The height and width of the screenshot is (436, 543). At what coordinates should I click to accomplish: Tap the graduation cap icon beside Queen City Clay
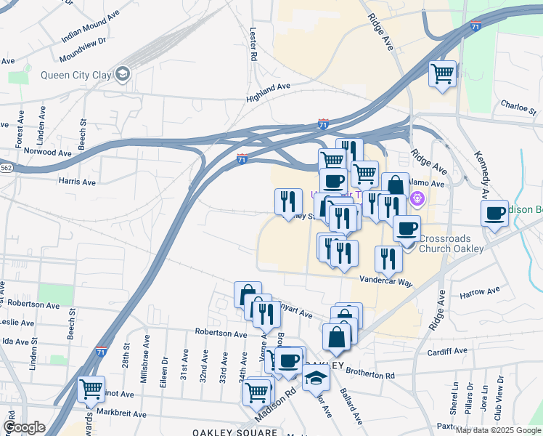click(122, 73)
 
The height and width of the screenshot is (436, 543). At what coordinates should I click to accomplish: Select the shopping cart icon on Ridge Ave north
click(442, 73)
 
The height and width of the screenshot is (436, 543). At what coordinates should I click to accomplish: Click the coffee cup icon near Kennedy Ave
click(495, 213)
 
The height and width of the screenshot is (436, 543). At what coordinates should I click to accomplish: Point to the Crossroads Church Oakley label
click(451, 243)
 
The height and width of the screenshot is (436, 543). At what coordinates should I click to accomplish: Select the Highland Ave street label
click(268, 90)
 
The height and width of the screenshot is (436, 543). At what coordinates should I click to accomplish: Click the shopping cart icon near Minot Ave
click(91, 389)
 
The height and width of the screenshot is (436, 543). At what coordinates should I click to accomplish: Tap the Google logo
click(24, 427)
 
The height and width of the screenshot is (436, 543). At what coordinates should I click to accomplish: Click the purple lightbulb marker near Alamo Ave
click(418, 198)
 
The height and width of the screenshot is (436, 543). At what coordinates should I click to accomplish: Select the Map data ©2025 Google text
click(497, 430)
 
